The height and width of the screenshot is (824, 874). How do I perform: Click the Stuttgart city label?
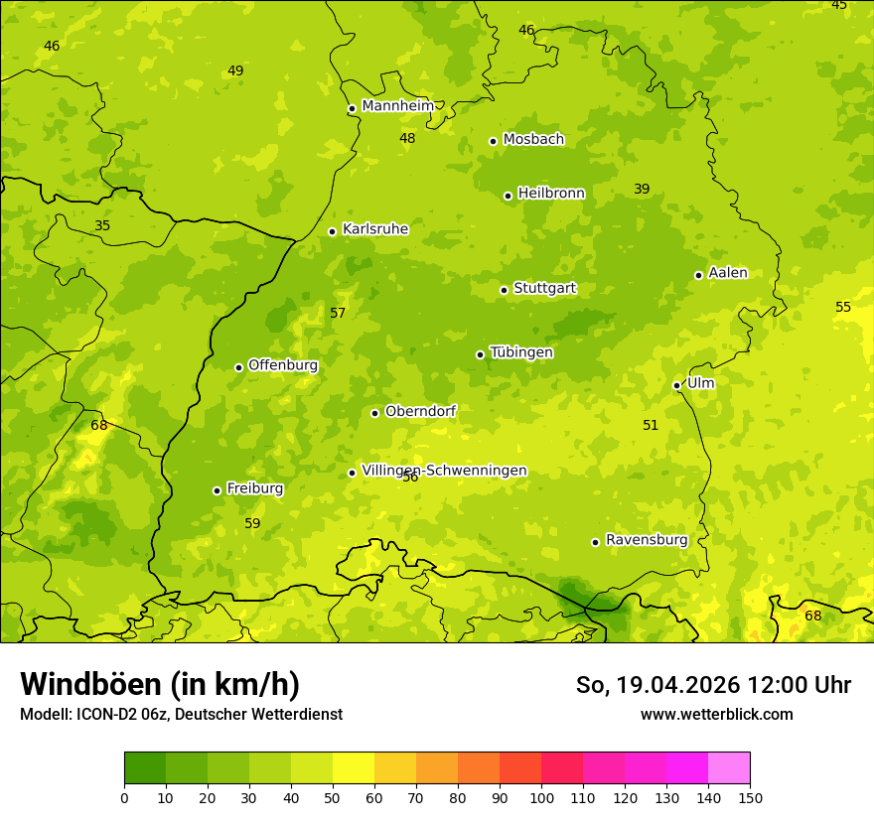(544, 289)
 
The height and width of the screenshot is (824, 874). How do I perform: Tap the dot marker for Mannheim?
(352, 109)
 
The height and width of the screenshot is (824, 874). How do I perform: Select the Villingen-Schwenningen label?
(444, 471)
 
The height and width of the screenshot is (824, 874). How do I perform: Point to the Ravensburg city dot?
(596, 542)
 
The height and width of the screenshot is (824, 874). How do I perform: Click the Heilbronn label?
(551, 194)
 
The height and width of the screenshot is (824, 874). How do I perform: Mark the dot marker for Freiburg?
(217, 490)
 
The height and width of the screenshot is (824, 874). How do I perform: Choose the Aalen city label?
(728, 273)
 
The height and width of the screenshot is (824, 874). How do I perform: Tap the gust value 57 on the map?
(338, 314)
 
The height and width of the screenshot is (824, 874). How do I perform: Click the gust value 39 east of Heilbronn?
(642, 190)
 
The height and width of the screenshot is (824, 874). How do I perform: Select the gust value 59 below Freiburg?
(252, 523)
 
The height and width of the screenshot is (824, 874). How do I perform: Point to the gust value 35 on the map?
(102, 226)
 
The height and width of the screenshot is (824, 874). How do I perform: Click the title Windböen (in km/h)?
(160, 684)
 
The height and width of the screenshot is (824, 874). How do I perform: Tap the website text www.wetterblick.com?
(717, 714)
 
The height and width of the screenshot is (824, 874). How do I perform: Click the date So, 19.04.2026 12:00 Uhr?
(713, 685)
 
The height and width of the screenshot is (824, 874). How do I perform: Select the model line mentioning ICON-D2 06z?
(181, 714)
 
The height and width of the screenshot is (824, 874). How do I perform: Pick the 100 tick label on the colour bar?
(541, 797)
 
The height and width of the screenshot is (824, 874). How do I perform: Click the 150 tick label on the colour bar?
(750, 797)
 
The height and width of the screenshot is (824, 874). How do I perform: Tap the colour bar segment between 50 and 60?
(354, 768)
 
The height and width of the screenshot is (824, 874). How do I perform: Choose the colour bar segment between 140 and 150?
(729, 768)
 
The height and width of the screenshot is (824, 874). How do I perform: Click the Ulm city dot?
(677, 385)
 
